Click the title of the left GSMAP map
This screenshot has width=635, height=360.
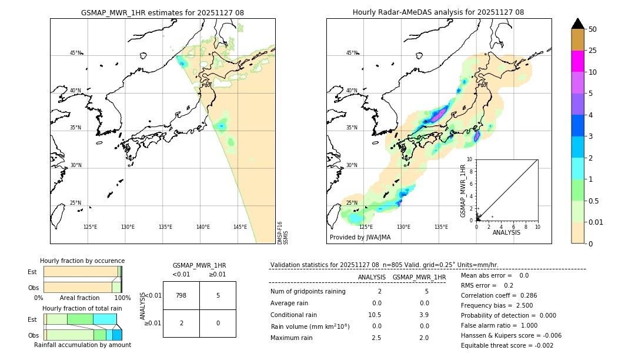click(x=162, y=12)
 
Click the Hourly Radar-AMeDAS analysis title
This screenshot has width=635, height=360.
click(x=438, y=12)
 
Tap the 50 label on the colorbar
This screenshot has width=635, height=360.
click(x=593, y=29)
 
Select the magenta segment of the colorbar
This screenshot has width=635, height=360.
click(x=577, y=61)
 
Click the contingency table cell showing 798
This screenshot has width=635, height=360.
click(x=181, y=295)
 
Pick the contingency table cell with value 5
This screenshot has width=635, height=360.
click(x=218, y=295)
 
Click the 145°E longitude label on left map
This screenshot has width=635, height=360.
click(x=240, y=227)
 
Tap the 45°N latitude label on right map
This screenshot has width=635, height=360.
click(x=352, y=53)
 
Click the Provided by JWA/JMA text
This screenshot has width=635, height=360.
click(x=360, y=238)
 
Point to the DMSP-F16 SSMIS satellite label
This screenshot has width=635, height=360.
click(x=282, y=232)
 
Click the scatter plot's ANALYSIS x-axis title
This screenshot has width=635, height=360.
click(x=506, y=232)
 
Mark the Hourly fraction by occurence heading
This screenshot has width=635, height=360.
click(x=82, y=261)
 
